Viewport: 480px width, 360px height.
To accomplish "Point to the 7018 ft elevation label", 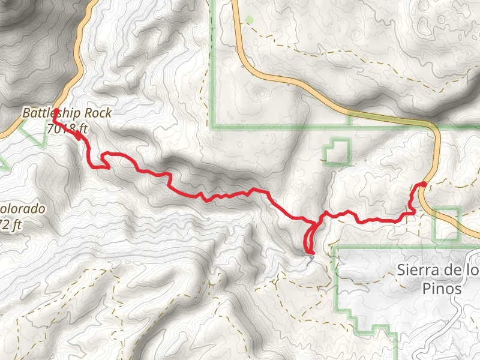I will coord(67,128).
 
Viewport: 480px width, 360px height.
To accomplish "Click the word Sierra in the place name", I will coord(413,270).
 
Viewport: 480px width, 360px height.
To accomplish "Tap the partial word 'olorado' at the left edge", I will coord(23,209).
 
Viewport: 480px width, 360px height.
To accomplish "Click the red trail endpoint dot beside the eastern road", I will coord(424,185).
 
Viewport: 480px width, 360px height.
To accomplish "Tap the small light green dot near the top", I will coord(250,20).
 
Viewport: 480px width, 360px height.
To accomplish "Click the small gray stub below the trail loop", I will coord(311,257).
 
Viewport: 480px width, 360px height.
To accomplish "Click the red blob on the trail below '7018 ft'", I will coord(78,134).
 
